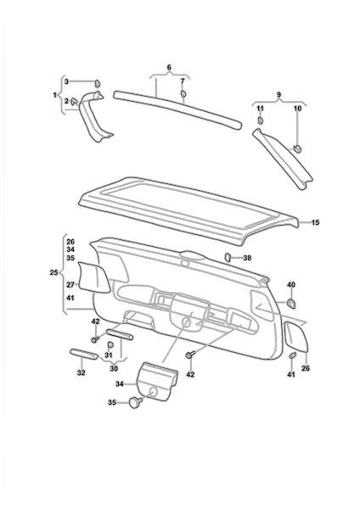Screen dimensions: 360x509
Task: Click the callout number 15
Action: coord(315,222)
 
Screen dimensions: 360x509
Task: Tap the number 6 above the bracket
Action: coord(169,68)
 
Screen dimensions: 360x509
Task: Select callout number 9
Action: coord(278,94)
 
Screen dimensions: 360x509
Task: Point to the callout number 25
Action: coord(53,272)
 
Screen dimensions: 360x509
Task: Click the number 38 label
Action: coord(247,258)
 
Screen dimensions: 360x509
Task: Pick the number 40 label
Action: coord(291,285)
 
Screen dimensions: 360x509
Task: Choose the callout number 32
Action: coord(81,372)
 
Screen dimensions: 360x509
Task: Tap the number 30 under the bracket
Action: coord(114,368)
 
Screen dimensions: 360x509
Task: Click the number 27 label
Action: coord(70,285)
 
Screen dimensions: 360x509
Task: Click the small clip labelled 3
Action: coord(98,83)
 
